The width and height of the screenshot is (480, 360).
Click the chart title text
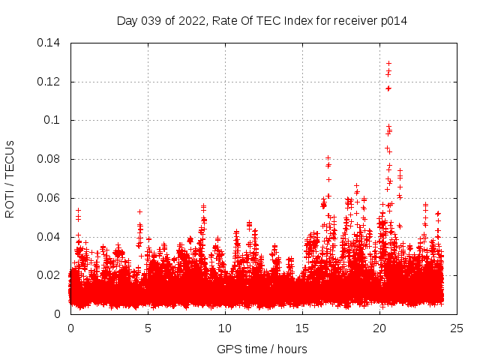262,20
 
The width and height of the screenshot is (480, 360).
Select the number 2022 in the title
192,20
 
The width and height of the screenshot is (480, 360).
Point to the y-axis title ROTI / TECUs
10,178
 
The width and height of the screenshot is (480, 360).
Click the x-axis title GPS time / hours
262,349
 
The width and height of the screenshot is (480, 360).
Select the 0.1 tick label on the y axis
54,121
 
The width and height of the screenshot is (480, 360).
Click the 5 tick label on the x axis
148,328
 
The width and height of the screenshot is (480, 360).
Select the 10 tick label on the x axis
225,328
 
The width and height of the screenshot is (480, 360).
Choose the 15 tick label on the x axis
302,328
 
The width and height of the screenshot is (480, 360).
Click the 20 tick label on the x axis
379,328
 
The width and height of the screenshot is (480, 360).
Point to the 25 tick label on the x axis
457,328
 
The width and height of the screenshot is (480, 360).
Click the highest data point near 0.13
388,64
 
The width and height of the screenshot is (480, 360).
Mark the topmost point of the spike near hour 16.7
328,158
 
